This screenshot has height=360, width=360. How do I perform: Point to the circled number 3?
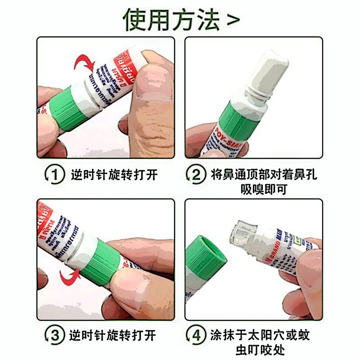click(x=54, y=336)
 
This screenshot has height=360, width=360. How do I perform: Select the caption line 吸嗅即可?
click(x=263, y=189)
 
